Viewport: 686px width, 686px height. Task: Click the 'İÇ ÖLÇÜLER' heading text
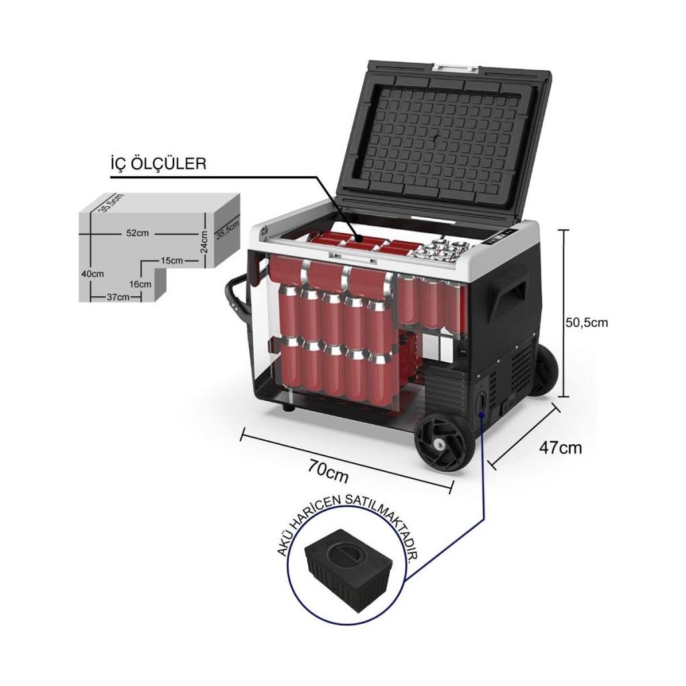[158, 163]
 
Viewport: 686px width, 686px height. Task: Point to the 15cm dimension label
[171, 260]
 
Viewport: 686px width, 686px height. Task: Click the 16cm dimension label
[140, 284]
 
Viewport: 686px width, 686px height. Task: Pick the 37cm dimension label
[118, 297]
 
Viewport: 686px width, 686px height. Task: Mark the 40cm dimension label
[92, 274]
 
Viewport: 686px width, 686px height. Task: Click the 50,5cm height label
[586, 322]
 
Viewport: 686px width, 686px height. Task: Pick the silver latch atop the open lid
[455, 68]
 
